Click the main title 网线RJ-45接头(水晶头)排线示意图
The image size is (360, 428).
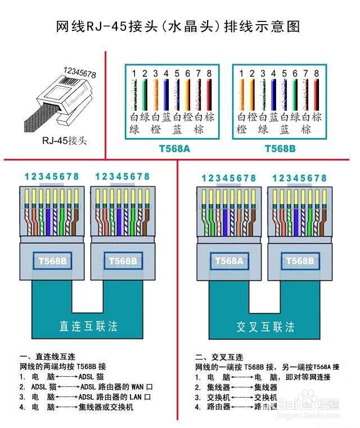[179, 26]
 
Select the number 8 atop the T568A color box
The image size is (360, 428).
[209, 73]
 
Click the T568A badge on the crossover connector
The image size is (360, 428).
[228, 261]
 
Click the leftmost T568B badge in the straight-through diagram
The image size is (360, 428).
[52, 261]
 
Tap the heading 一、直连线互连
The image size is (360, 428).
[47, 357]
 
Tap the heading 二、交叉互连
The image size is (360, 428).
[219, 357]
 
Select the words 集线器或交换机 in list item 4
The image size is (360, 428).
[106, 407]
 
